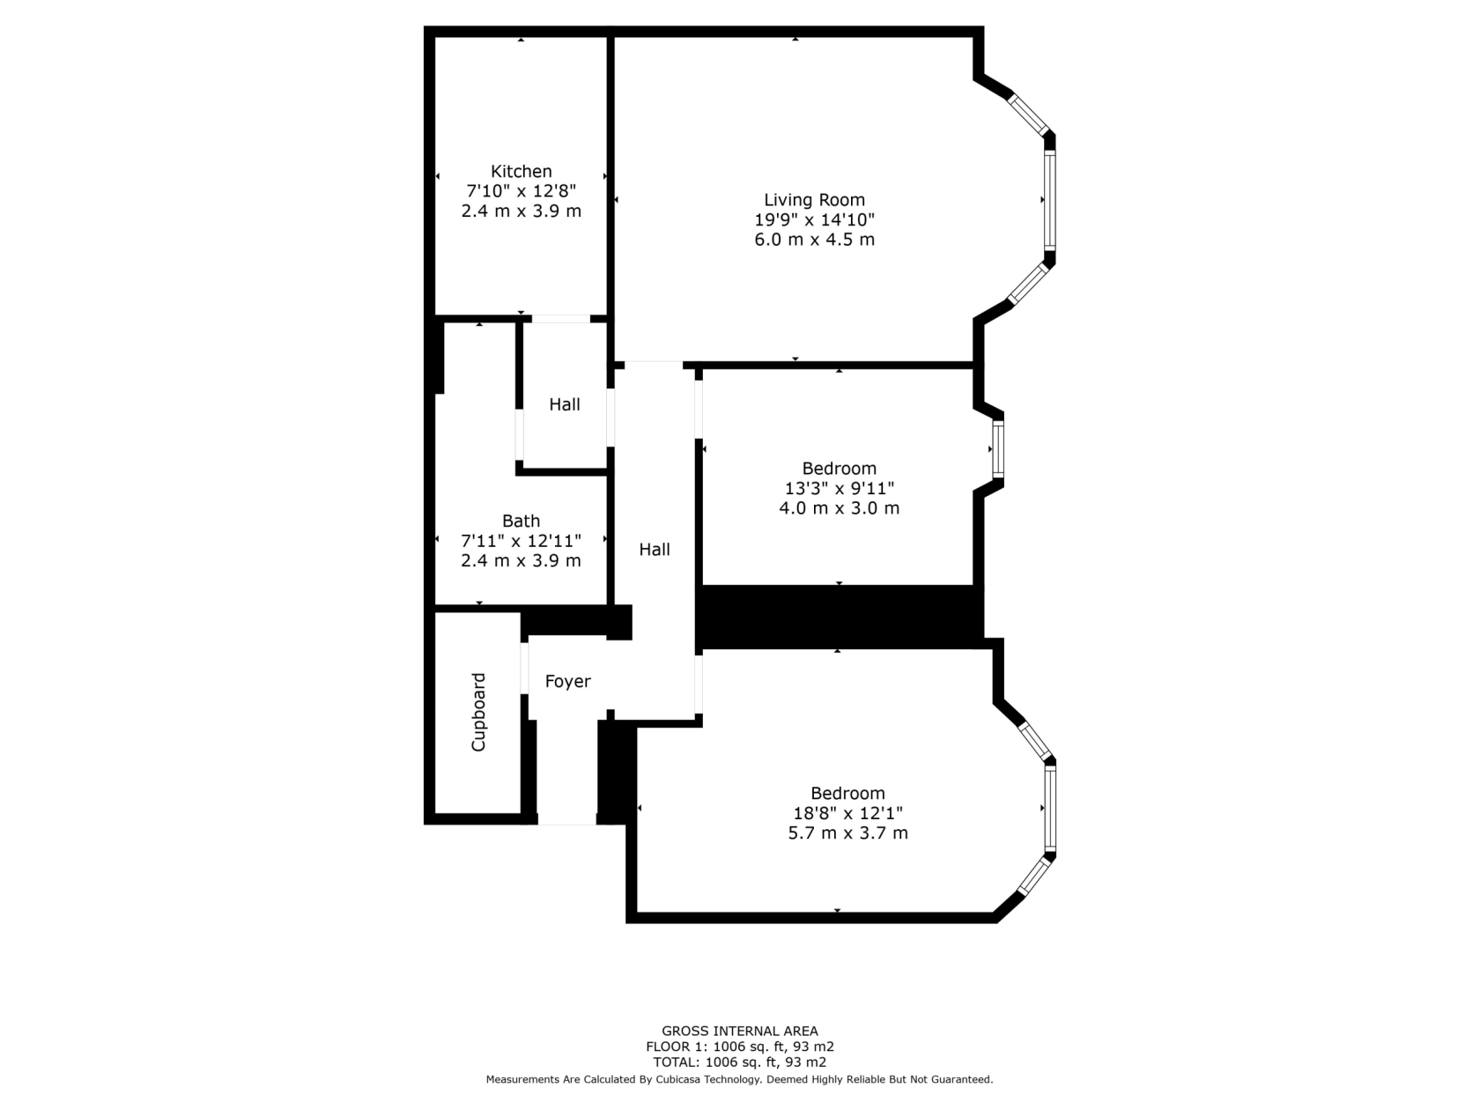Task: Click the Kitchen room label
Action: click(x=521, y=171)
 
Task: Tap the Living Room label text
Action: click(x=814, y=200)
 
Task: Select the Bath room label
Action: click(x=521, y=521)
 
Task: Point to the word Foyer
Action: click(x=567, y=681)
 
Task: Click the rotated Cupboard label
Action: click(x=478, y=713)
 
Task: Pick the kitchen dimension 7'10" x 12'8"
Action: click(x=521, y=191)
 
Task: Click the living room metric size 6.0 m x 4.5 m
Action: click(x=814, y=240)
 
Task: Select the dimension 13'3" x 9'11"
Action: click(x=839, y=488)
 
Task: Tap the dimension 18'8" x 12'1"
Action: click(x=847, y=813)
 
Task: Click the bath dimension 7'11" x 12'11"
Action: click(x=521, y=541)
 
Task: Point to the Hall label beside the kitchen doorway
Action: click(x=565, y=404)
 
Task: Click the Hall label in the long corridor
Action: click(x=654, y=549)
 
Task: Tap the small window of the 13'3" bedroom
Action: click(x=998, y=449)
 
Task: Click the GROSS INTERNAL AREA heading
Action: click(x=740, y=1031)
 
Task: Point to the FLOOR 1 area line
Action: click(x=740, y=1047)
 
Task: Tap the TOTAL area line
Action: click(x=740, y=1062)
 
